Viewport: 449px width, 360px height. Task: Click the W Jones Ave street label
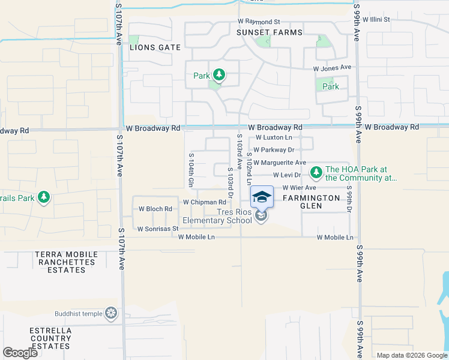tap(332, 68)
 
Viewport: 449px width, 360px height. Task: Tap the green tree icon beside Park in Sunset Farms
tap(220, 75)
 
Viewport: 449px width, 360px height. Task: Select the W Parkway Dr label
tap(274, 150)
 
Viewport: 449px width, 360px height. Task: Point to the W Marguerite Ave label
tap(280, 163)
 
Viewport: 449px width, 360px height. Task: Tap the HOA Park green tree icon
tap(316, 173)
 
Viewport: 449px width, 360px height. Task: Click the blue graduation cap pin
tap(262, 197)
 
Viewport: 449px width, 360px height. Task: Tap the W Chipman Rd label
tap(205, 202)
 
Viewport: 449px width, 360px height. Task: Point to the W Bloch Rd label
tap(155, 209)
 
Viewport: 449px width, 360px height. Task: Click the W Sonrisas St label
tap(158, 229)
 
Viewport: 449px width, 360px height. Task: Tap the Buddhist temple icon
tap(110, 313)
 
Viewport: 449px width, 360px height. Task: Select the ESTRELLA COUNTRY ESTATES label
tap(51, 338)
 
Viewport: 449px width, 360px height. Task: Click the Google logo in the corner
tap(20, 352)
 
